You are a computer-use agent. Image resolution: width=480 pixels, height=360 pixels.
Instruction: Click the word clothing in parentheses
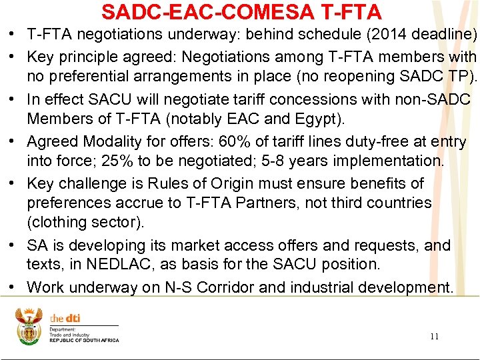[x=59, y=222]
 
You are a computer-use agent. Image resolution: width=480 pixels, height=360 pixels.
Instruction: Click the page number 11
[x=434, y=336]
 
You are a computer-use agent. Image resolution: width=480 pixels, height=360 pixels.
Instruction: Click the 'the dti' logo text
[x=65, y=319]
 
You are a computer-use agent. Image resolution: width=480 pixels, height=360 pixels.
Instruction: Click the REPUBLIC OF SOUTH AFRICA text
[x=84, y=341]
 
